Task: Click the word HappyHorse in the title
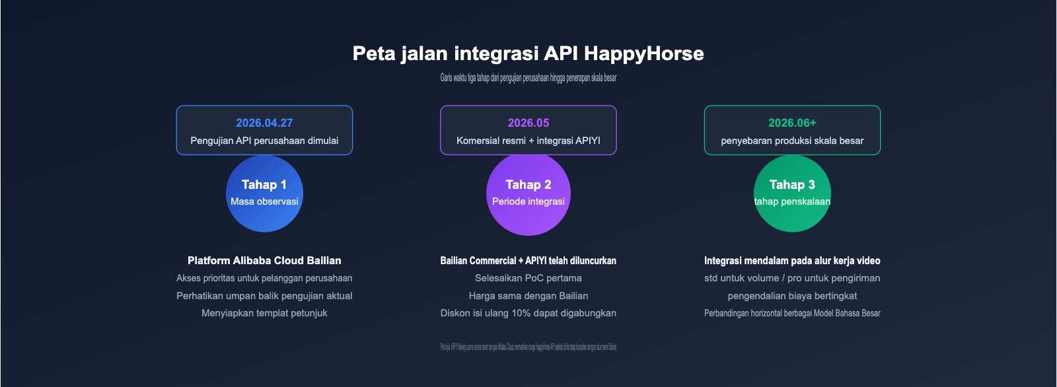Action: [643, 53]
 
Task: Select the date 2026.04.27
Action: [264, 123]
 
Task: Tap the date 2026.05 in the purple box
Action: [528, 123]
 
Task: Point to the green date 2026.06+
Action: [792, 123]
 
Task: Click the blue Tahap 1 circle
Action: [264, 194]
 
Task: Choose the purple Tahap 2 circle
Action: [528, 194]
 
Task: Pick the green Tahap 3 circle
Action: [792, 194]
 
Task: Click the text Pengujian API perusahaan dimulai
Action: [264, 141]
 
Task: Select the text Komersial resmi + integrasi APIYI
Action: [528, 141]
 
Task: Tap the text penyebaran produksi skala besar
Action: [792, 141]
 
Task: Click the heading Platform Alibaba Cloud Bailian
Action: [264, 261]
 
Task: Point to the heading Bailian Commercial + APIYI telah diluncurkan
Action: [528, 261]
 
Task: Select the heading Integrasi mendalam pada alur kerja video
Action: [792, 261]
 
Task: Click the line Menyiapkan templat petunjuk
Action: [264, 313]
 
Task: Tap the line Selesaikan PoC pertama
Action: [528, 278]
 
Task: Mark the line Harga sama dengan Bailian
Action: [528, 296]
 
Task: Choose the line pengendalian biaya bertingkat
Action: [792, 296]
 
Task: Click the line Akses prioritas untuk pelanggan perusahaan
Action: [264, 278]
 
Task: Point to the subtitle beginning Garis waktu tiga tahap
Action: [528, 78]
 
